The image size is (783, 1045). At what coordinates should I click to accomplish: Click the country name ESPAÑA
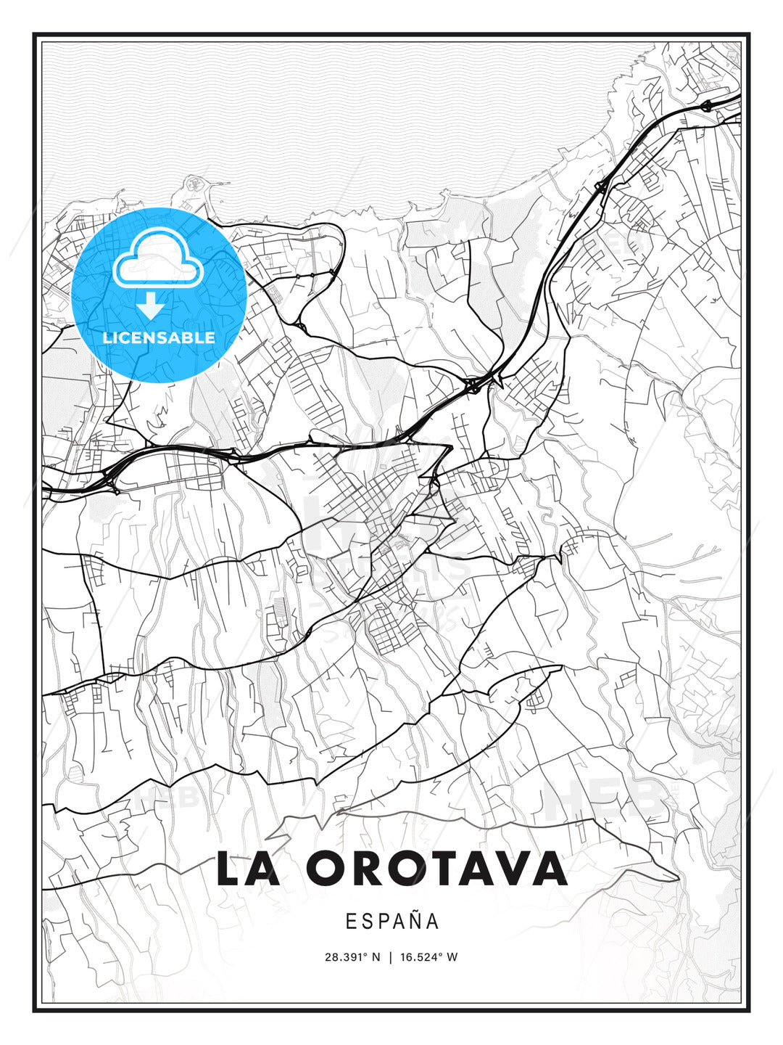(x=392, y=922)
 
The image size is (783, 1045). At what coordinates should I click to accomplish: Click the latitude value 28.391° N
(x=352, y=957)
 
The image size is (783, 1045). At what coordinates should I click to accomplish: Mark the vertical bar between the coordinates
(x=391, y=957)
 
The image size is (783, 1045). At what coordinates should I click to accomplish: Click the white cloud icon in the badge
(x=157, y=258)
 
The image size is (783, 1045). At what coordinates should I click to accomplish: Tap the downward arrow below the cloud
(x=151, y=306)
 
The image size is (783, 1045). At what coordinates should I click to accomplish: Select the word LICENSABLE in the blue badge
(x=159, y=337)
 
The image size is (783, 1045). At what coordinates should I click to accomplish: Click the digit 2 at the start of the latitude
(x=328, y=957)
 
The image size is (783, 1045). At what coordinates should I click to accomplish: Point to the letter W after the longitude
(x=452, y=957)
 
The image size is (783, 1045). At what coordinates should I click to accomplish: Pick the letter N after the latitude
(x=376, y=957)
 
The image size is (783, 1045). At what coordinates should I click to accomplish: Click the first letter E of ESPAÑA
(x=351, y=922)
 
